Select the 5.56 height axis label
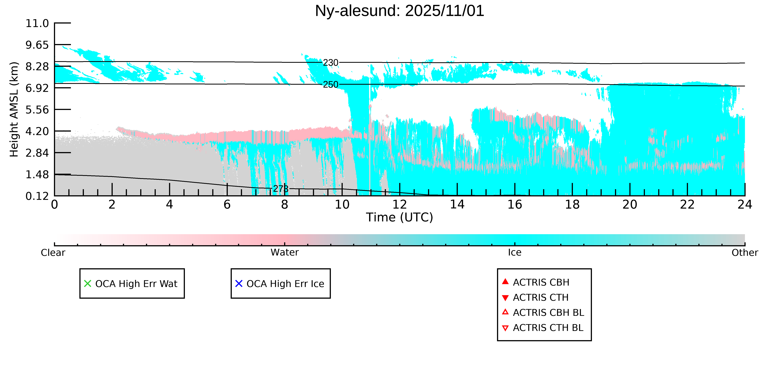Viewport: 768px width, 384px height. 37,110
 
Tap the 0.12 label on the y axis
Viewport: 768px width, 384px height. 37,196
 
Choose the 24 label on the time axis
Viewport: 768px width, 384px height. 744,205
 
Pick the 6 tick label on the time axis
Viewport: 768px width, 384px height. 227,205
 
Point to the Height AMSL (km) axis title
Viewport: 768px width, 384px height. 14,109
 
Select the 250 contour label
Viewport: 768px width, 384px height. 331,85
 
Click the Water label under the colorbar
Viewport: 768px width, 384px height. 284,253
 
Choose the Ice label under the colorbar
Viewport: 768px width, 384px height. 515,253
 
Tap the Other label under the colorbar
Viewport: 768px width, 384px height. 744,253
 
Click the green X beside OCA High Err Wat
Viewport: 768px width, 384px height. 87,283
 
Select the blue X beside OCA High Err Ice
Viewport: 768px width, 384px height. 239,283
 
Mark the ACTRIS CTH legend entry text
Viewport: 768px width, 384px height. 541,298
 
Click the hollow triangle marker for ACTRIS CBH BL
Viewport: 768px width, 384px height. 505,312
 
